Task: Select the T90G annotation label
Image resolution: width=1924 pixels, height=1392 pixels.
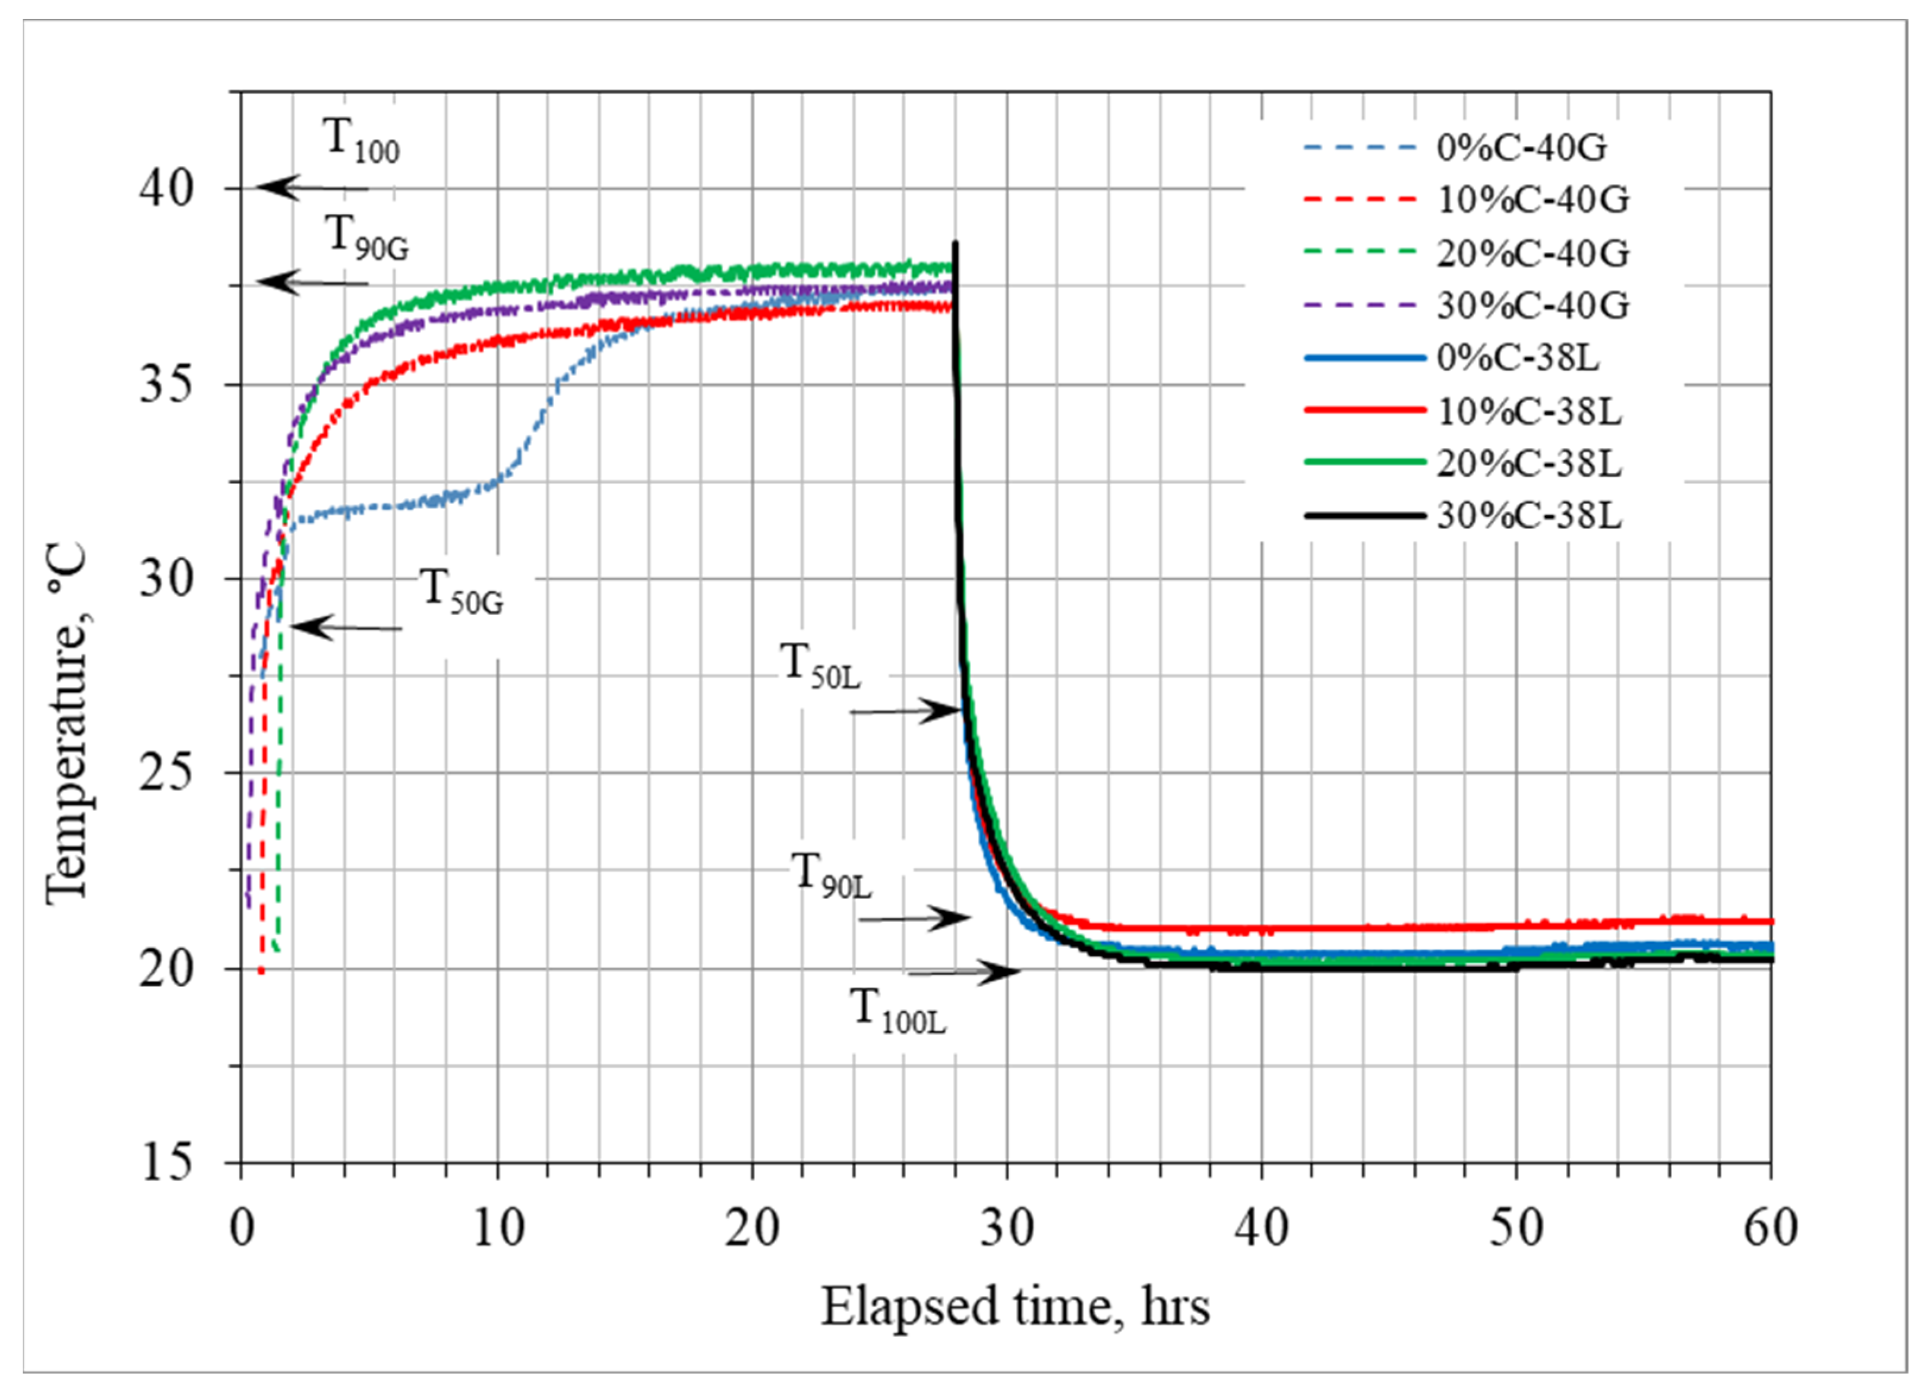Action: pos(367,238)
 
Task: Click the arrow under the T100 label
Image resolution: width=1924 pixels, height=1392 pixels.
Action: pos(313,188)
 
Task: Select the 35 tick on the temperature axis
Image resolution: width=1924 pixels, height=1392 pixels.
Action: pos(166,385)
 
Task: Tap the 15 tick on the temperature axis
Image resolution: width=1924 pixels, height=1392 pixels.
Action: pos(166,1163)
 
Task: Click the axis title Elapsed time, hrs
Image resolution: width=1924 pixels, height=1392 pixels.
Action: pos(1015,1307)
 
